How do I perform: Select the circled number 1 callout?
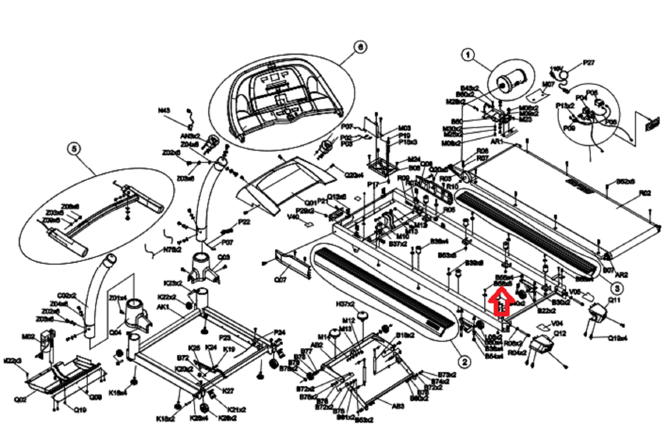click(468, 55)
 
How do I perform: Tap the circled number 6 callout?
click(360, 47)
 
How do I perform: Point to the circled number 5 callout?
click(74, 149)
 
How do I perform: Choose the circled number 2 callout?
click(464, 362)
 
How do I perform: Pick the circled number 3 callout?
click(617, 287)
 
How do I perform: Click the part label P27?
click(589, 63)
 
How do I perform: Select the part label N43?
click(164, 111)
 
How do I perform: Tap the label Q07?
click(280, 280)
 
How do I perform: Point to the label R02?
click(645, 193)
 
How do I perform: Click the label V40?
click(294, 217)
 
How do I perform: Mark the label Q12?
click(560, 333)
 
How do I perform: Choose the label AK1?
click(163, 307)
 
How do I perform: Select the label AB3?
click(398, 406)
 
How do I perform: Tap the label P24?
click(279, 333)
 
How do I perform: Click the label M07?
click(548, 85)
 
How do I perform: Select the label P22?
click(244, 222)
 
